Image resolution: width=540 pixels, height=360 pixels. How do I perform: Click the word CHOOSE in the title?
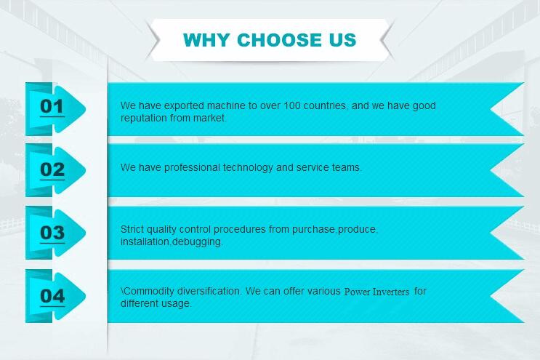tap(279, 39)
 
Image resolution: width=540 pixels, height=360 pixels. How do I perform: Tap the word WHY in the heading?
tap(206, 39)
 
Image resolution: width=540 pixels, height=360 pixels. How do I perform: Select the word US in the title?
tap(342, 39)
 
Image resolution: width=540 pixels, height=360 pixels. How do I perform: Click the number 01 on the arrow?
tap(52, 106)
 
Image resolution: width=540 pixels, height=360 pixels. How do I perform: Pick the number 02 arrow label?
tap(52, 169)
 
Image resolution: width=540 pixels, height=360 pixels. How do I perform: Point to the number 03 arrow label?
tap(52, 233)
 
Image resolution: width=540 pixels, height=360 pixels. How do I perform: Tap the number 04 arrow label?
tap(52, 296)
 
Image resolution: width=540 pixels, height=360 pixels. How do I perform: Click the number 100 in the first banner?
tap(292, 105)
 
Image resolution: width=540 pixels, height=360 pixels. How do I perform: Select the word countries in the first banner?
tap(325, 105)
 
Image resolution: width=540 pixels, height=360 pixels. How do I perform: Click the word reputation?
tap(144, 118)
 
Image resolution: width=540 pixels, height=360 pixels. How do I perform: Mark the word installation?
tap(145, 241)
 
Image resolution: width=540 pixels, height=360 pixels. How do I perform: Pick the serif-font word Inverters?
tap(391, 292)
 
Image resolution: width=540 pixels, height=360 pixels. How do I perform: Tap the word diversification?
tap(209, 291)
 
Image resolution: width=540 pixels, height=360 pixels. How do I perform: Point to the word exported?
tap(184, 105)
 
